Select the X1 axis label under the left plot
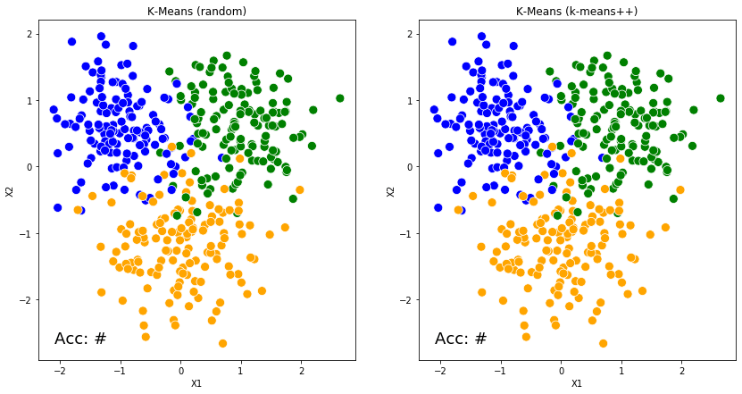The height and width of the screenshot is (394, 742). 196,383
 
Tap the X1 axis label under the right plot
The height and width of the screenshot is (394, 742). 577,383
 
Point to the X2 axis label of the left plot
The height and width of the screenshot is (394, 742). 10,191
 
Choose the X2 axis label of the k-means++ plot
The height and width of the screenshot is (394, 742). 390,191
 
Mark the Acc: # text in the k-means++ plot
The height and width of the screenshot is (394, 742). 461,339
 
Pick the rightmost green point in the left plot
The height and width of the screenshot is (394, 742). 339,98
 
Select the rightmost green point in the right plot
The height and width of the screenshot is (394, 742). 720,98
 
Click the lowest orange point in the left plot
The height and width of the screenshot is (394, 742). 222,343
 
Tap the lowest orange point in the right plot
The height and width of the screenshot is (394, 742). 603,343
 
